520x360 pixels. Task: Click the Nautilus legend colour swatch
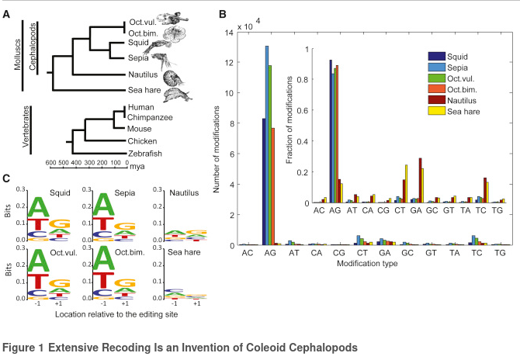(437, 99)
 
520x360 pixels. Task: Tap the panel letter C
(6, 178)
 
